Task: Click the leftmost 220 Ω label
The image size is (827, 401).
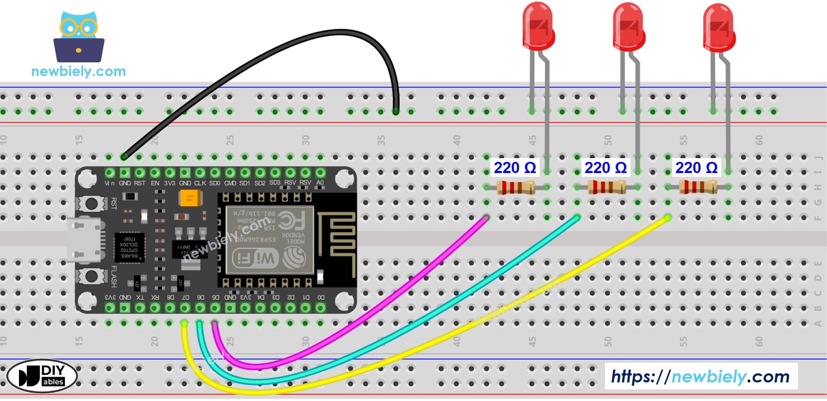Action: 515,168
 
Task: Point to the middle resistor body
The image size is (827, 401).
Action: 607,187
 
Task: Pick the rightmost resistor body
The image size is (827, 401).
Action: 698,187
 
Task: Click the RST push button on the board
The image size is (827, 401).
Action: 91,203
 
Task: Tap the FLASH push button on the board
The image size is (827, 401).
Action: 91,276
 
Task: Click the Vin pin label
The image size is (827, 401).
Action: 110,183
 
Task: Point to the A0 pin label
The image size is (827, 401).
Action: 320,183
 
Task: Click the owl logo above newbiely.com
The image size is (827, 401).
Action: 79,37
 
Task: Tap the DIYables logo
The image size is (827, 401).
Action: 42,376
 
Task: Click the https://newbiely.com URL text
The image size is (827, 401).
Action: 700,376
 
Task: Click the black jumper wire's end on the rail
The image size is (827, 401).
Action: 396,111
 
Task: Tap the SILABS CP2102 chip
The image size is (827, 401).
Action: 129,247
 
